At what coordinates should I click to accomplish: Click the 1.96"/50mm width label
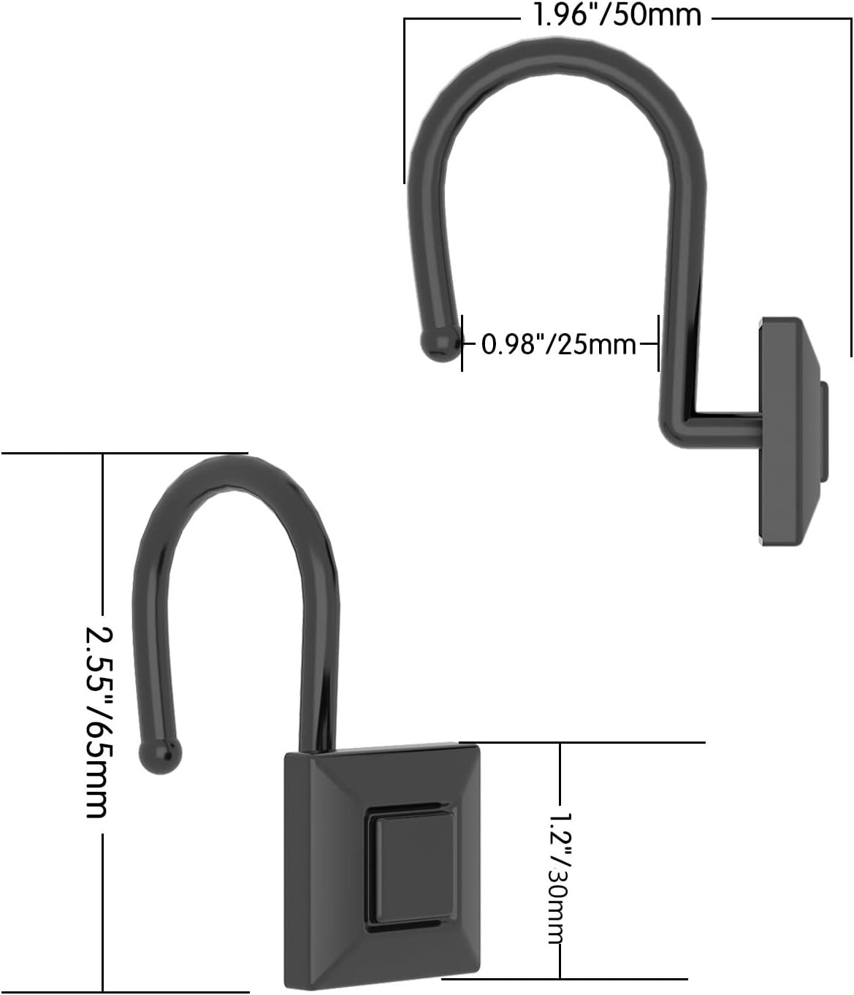click(x=617, y=15)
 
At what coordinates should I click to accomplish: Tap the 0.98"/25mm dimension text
click(x=559, y=343)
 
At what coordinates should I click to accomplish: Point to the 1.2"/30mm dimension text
click(x=560, y=877)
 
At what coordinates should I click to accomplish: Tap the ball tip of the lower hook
click(x=159, y=755)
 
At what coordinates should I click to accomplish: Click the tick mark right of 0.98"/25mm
click(x=658, y=343)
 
